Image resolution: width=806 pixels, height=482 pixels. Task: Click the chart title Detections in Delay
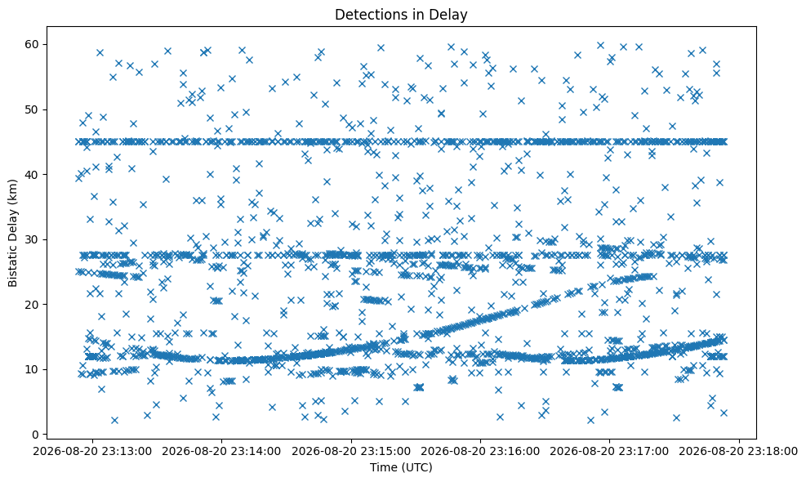(401, 15)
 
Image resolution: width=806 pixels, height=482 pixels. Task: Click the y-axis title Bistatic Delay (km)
(12, 233)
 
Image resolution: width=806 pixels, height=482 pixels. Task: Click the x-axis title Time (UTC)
(401, 467)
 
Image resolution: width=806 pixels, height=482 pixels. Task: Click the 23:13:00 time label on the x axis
(92, 452)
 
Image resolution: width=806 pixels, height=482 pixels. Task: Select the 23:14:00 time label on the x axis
(221, 452)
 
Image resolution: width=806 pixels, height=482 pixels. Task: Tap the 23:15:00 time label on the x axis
(351, 452)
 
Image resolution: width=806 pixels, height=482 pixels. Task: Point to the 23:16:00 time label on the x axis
(480, 452)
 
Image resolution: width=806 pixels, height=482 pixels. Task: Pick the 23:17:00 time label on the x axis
(610, 452)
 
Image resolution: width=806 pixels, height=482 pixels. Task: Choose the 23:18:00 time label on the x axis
(739, 452)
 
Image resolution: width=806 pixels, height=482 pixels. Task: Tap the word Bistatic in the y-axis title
(12, 266)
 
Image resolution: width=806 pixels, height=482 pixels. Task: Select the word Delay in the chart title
(452, 16)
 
